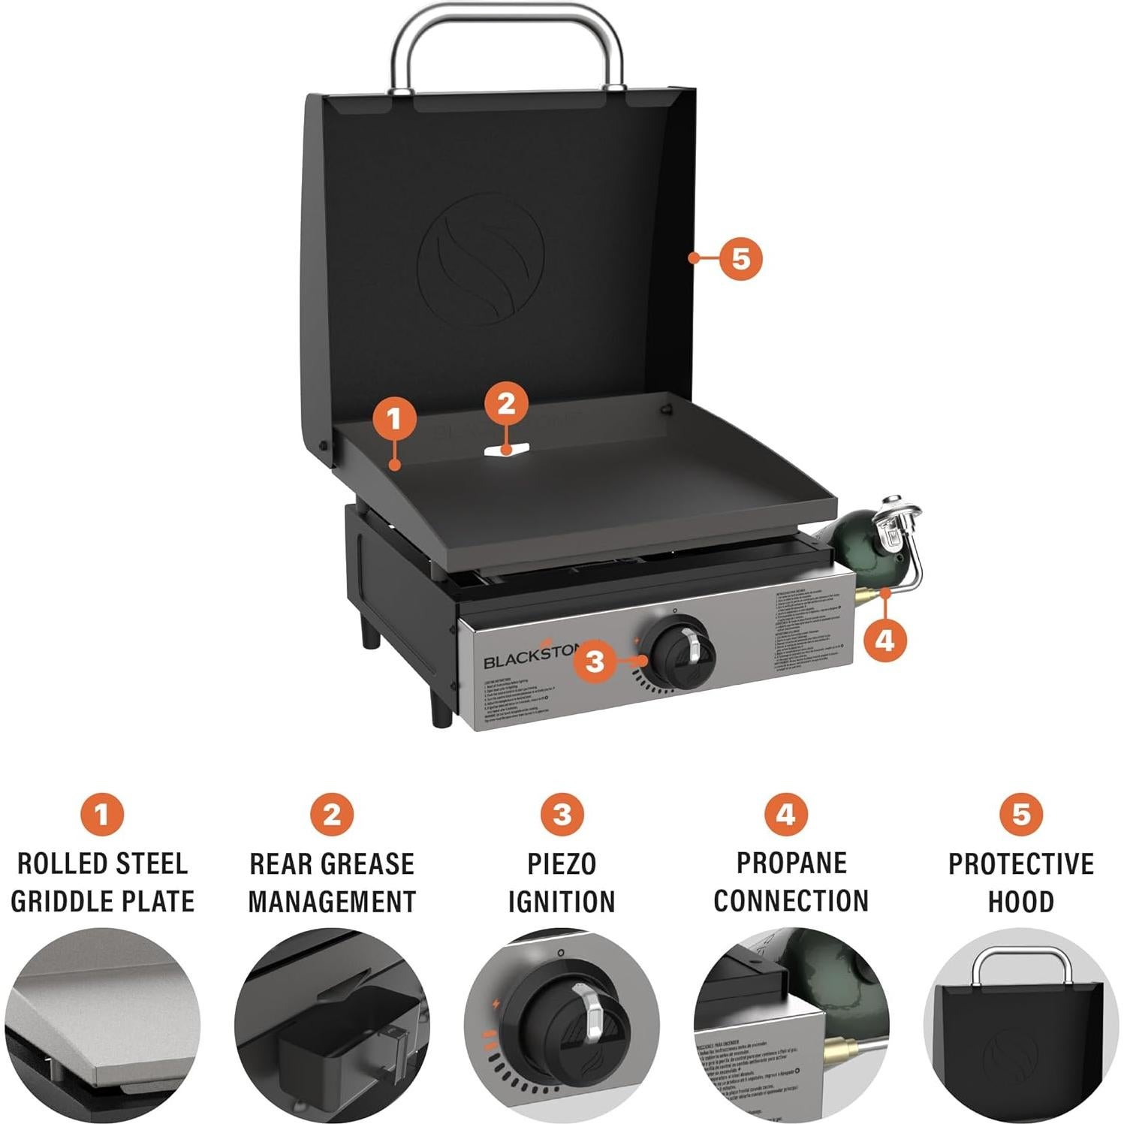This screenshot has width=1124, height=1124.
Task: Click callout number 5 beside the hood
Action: click(x=740, y=258)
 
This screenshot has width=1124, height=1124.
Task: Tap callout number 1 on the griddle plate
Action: click(x=395, y=418)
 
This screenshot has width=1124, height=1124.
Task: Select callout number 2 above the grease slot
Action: click(x=506, y=404)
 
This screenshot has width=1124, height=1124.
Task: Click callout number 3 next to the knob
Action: click(x=595, y=661)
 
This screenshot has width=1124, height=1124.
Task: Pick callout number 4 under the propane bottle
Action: click(x=885, y=640)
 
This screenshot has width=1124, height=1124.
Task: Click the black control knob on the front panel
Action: click(x=682, y=652)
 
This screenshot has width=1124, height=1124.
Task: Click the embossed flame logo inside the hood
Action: click(x=481, y=259)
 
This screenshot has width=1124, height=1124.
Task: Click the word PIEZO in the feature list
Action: click(x=562, y=863)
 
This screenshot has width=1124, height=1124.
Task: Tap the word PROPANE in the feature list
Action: click(x=791, y=863)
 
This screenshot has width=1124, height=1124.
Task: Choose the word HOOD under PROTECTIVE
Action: click(x=1020, y=901)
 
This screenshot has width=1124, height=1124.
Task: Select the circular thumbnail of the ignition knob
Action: click(x=562, y=1026)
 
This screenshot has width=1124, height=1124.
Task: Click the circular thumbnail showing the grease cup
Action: click(x=332, y=1026)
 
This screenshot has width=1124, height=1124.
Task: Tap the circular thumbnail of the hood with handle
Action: click(x=1020, y=1026)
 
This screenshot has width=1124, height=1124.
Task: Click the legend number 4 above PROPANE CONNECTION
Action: click(x=786, y=814)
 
